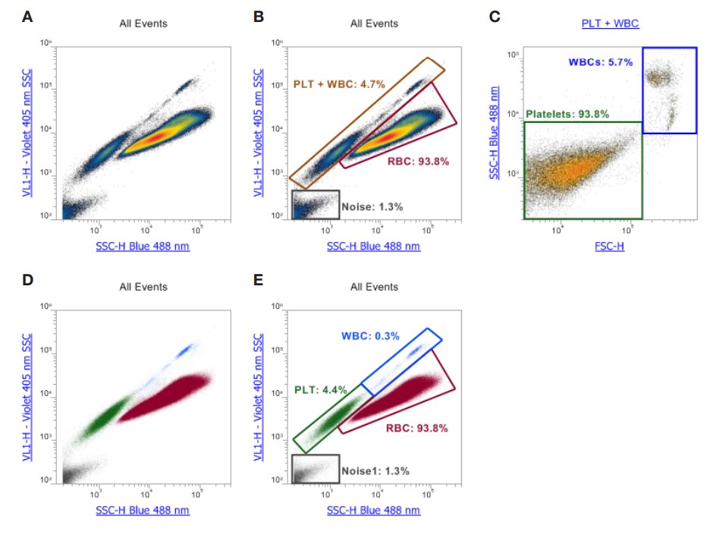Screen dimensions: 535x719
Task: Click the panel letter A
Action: point(27,16)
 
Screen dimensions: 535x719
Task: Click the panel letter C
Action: point(495,16)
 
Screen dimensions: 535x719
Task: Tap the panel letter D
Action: point(27,279)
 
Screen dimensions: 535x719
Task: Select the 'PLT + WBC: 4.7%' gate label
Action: point(339,83)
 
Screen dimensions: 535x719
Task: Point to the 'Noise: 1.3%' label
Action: point(372,206)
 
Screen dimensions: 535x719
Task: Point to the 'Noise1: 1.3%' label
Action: point(375,470)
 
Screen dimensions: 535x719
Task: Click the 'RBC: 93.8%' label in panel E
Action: point(411,427)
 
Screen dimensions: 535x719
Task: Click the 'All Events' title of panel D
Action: point(143,287)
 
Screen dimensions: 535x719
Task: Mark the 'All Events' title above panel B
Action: point(374,24)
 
